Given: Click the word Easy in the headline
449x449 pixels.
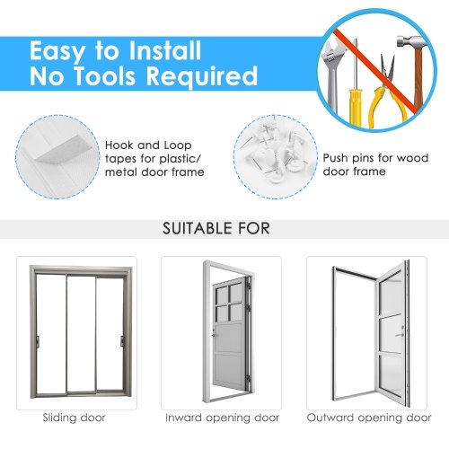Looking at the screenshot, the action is pyautogui.click(x=57, y=51).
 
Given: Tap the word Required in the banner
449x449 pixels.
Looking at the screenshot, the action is pyautogui.click(x=202, y=76).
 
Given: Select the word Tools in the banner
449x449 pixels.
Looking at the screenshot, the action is pyautogui.click(x=104, y=75).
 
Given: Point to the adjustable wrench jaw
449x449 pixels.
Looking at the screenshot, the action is pyautogui.click(x=330, y=51).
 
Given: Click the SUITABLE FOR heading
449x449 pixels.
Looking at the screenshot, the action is pyautogui.click(x=216, y=228).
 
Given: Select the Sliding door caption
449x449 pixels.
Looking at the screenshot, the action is pyautogui.click(x=74, y=418).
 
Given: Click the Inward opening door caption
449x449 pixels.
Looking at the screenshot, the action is pyautogui.click(x=222, y=418).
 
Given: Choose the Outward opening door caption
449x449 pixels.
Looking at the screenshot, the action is pyautogui.click(x=369, y=418).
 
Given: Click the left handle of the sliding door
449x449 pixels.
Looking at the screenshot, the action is pyautogui.click(x=38, y=341).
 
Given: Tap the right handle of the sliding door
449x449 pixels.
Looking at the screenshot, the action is pyautogui.click(x=122, y=341).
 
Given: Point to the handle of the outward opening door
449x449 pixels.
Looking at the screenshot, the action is pyautogui.click(x=400, y=335).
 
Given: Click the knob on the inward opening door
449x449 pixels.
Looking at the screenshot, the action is pyautogui.click(x=214, y=335).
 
